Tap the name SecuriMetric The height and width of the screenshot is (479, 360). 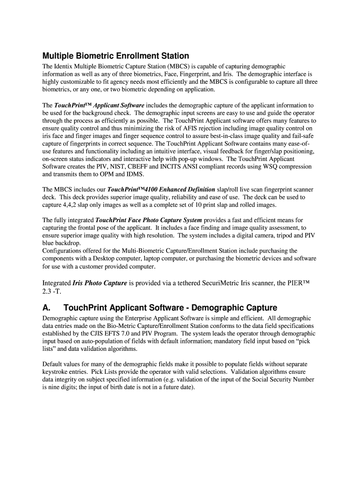coord(228,283)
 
